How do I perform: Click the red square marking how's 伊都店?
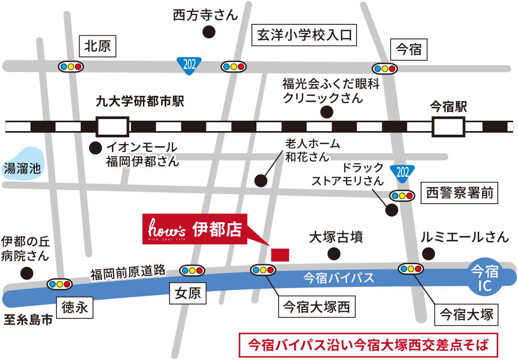(280, 255)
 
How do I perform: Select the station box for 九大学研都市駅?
(112, 126)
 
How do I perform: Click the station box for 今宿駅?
(449, 126)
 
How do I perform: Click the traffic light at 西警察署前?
(402, 195)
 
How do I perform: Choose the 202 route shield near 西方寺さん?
(189, 64)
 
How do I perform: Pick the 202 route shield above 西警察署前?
(403, 171)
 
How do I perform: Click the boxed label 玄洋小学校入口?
(304, 35)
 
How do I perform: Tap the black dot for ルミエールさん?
(428, 253)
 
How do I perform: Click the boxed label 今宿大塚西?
(316, 308)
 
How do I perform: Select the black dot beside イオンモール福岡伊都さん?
(95, 147)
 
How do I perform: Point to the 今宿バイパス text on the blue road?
(338, 278)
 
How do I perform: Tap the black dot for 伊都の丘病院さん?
(26, 272)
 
